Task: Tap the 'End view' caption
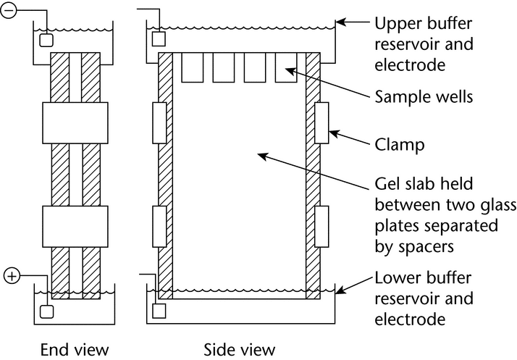[75, 351]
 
